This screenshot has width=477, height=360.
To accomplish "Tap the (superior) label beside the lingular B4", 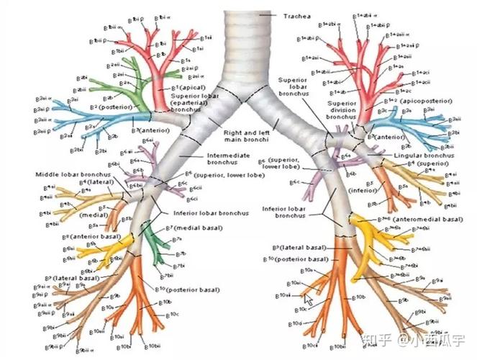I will pyautogui.click(x=432, y=163).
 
